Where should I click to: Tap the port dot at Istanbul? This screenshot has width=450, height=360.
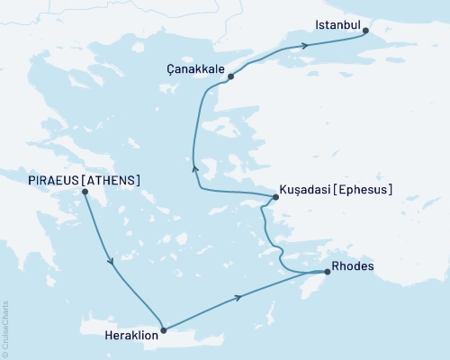pyautogui.click(x=365, y=31)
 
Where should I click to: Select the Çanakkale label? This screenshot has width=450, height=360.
pyautogui.click(x=195, y=67)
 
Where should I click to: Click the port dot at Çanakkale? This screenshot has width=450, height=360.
pyautogui.click(x=231, y=76)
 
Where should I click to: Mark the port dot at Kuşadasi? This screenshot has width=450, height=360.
pyautogui.click(x=275, y=197)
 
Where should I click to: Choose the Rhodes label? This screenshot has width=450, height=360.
pyautogui.click(x=352, y=266)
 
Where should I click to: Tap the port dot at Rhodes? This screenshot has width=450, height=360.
pyautogui.click(x=327, y=271)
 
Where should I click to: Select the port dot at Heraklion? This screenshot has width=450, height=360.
pyautogui.click(x=163, y=330)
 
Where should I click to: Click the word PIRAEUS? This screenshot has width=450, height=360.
pyautogui.click(x=52, y=180)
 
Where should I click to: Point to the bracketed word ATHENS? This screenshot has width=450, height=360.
pyautogui.click(x=112, y=180)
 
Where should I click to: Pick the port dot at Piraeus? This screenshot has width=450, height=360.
pyautogui.click(x=85, y=192)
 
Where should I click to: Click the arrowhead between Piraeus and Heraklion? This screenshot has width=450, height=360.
pyautogui.click(x=112, y=262)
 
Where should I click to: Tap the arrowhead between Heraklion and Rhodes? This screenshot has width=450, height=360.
pyautogui.click(x=238, y=298)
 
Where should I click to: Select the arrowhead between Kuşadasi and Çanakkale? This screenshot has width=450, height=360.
pyautogui.click(x=194, y=167)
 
